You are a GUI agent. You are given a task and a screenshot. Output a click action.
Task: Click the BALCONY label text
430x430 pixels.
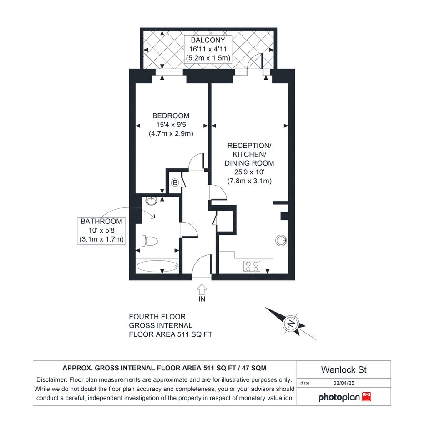click(x=208, y=40)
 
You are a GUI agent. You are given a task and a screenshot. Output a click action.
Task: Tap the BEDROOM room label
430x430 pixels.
click(x=171, y=116)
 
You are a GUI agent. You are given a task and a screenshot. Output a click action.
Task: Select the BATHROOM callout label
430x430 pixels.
click(x=101, y=221)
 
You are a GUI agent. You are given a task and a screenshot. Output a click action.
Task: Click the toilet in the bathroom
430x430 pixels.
click(x=149, y=241)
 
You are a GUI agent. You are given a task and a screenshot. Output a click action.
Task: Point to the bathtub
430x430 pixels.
click(x=157, y=266)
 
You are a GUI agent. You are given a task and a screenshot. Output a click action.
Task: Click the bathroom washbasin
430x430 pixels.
click(x=152, y=201)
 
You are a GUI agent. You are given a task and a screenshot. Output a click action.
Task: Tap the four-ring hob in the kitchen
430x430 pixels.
click(x=252, y=266)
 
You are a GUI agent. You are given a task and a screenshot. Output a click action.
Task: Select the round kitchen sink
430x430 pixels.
click(x=281, y=241)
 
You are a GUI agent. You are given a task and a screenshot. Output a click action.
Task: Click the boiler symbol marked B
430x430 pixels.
click(x=175, y=182)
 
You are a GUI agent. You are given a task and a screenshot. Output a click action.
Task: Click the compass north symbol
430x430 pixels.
click(x=291, y=324)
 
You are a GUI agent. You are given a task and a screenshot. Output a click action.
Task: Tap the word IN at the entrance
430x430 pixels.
click(x=202, y=299)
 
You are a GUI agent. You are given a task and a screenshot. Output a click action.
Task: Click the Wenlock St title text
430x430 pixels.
click(x=344, y=369)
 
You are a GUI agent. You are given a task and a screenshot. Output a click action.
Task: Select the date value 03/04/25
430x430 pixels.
click(x=344, y=383)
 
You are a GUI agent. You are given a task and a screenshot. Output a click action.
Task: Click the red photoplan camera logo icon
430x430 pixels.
click(x=367, y=397)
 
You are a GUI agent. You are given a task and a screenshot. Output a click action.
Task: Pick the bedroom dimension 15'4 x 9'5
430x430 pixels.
click(x=171, y=125)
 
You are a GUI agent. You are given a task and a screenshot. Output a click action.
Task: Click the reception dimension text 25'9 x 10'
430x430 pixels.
click(x=249, y=172)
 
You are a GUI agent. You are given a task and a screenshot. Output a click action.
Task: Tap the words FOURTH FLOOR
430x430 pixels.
click(x=157, y=317)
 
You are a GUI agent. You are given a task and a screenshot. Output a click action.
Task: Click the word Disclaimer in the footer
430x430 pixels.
click(x=51, y=380)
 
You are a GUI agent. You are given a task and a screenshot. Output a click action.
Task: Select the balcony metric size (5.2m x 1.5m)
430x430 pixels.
click(x=208, y=58)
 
